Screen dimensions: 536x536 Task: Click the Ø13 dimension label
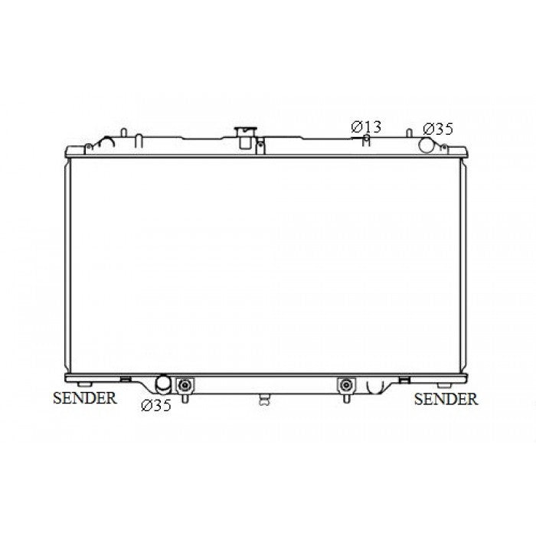pyautogui.click(x=366, y=127)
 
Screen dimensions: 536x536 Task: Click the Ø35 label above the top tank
pyautogui.click(x=438, y=129)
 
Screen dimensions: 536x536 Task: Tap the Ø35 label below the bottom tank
pyautogui.click(x=156, y=405)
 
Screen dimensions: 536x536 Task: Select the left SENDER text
pyautogui.click(x=85, y=398)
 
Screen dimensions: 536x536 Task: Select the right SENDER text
pyautogui.click(x=446, y=399)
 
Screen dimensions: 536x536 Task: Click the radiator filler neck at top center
pyautogui.click(x=245, y=138)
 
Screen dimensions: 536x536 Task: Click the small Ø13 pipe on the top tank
pyautogui.click(x=366, y=140)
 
